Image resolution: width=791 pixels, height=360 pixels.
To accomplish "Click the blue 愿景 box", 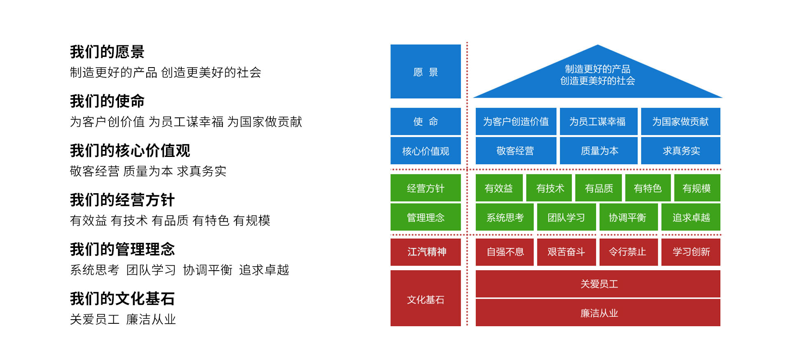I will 425,71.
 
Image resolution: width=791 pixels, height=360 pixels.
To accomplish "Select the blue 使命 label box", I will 425,122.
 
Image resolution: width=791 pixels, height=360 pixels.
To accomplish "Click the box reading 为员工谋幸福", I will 598,122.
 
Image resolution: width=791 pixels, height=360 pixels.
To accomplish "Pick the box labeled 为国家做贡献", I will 680,122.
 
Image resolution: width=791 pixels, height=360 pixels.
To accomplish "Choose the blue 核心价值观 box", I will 425,151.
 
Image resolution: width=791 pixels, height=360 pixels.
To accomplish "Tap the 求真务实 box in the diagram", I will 680,151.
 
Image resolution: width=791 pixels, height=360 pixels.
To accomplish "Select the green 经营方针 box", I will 425,188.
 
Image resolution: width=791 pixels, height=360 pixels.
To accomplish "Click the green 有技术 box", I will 550,188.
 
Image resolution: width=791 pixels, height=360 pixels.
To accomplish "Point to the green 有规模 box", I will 697,188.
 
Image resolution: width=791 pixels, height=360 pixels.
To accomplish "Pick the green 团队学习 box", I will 566,217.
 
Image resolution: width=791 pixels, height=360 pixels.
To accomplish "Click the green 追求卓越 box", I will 690,217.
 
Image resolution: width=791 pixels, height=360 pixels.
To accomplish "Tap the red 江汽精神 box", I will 425,252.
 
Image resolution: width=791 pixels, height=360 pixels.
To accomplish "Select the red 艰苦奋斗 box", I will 566,252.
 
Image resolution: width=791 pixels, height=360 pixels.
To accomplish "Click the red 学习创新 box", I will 690,252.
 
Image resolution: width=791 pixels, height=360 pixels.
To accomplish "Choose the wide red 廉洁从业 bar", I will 598,313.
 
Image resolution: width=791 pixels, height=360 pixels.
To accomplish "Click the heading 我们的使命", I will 107,101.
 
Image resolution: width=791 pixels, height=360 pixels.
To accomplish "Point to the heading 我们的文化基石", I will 122,299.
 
